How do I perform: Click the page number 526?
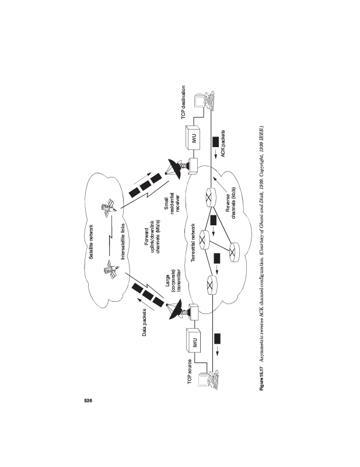point(89,400)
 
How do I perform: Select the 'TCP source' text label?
point(190,371)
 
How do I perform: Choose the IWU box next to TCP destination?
point(193,139)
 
